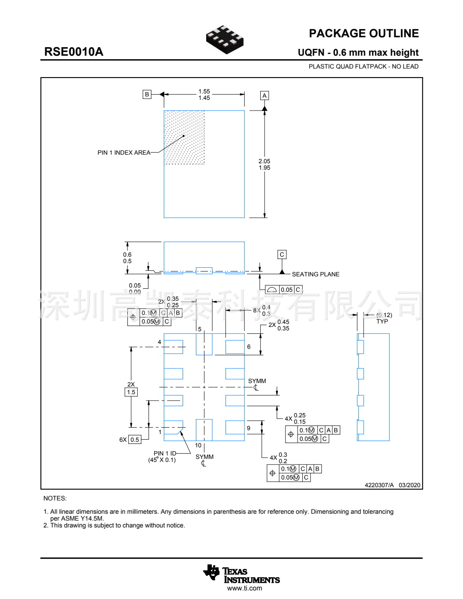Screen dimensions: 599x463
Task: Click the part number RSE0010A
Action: [x=74, y=52]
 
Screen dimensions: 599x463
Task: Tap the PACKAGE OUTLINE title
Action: [x=364, y=33]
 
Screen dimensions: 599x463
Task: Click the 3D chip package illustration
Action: [x=225, y=39]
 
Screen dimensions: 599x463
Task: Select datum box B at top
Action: [x=147, y=94]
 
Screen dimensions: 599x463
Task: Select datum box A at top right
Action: [x=265, y=96]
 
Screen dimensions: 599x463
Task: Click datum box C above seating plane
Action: [x=282, y=255]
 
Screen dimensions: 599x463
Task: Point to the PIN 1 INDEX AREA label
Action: [x=124, y=153]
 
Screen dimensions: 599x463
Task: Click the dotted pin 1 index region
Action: [x=184, y=137]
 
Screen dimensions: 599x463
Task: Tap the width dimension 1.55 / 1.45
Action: [x=204, y=95]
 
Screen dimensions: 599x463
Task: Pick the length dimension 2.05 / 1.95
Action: [x=265, y=165]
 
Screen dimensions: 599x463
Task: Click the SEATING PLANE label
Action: [x=316, y=274]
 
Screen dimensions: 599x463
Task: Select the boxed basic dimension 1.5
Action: [x=131, y=392]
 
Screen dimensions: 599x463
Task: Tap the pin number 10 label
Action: [x=198, y=446]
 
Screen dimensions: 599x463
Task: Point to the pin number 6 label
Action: [x=249, y=347]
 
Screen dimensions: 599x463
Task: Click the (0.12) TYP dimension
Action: [x=384, y=318]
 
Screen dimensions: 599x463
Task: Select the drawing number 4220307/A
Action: [x=379, y=485]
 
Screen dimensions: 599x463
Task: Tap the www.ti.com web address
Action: [x=244, y=588]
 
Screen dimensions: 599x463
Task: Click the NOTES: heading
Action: [x=55, y=498]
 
